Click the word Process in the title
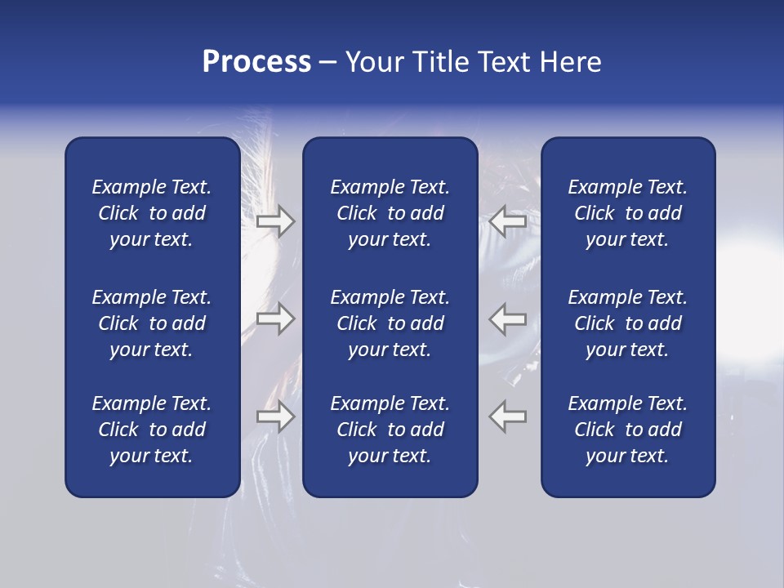(x=256, y=62)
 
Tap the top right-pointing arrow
(x=275, y=220)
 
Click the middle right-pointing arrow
(x=275, y=318)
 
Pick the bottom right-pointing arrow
(x=275, y=416)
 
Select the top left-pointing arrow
(x=508, y=220)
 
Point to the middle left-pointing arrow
(x=508, y=318)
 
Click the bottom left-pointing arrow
(x=508, y=416)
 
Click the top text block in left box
(x=152, y=213)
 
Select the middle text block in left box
(x=152, y=323)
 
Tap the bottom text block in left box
(x=152, y=430)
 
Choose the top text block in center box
(x=390, y=213)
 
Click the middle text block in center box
(x=390, y=323)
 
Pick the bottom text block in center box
(x=390, y=430)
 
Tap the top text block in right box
(x=627, y=213)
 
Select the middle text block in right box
(x=627, y=323)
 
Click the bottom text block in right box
(x=627, y=430)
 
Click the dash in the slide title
(x=327, y=63)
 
